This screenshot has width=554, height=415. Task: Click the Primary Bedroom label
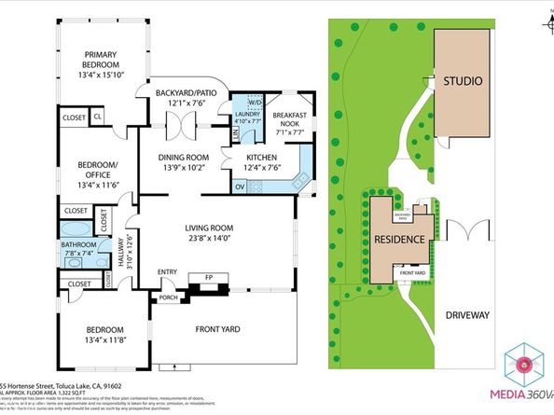[103, 60]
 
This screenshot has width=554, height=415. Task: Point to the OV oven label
[239, 187]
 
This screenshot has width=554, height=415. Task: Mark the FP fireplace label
[207, 278]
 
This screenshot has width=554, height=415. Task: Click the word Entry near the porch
[167, 272]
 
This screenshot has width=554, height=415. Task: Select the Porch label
[169, 298]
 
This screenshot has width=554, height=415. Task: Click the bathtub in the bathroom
[75, 228]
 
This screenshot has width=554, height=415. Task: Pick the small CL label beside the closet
[98, 117]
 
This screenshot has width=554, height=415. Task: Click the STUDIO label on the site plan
[463, 81]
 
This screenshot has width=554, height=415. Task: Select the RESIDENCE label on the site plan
[400, 240]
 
